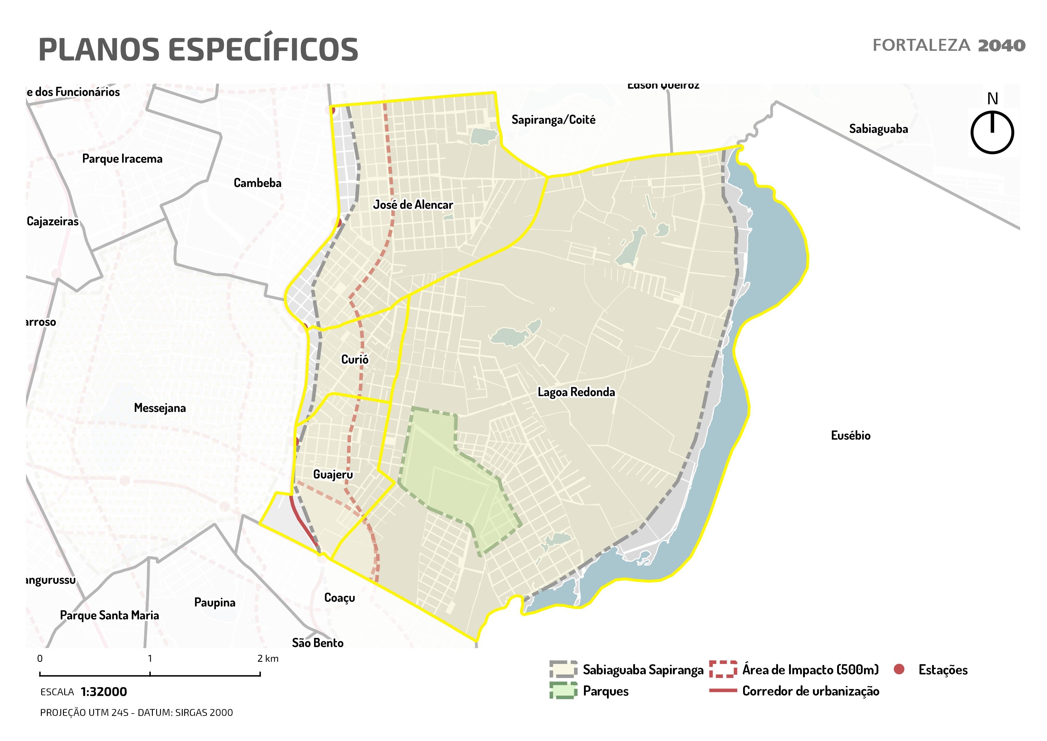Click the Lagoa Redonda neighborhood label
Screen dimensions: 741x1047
[x=576, y=392]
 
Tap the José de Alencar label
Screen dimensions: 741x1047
[x=413, y=205]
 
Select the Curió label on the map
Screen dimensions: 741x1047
[x=355, y=359]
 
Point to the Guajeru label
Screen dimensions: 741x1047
[x=333, y=474]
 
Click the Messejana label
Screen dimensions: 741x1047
[x=160, y=408]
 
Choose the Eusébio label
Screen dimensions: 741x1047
[x=851, y=435]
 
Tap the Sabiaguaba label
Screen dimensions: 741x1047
[x=878, y=129]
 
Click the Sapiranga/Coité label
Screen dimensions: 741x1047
[x=553, y=120]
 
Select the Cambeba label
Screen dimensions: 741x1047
[x=258, y=183]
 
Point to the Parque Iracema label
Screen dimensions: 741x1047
[x=122, y=159]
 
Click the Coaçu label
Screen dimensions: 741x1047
[x=339, y=598]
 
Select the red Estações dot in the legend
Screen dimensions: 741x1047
[x=899, y=669]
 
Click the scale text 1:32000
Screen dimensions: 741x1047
[x=104, y=692]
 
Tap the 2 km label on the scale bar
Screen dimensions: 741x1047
[x=268, y=659]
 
